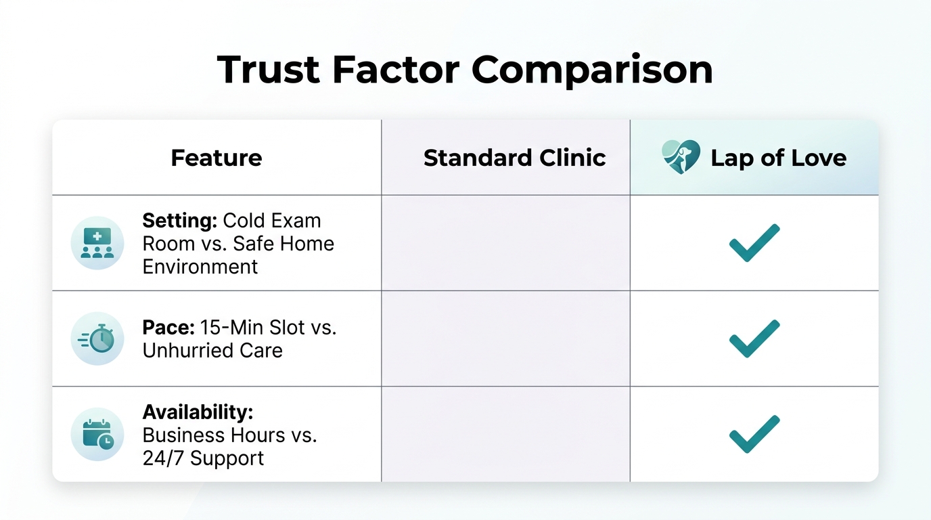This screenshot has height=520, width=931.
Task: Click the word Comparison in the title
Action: click(x=592, y=69)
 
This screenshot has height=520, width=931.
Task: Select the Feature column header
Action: click(x=217, y=158)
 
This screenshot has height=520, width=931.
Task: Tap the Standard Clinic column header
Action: click(x=514, y=158)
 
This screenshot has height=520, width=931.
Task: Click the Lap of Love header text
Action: click(x=778, y=158)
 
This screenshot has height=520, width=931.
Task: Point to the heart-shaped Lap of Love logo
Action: click(x=681, y=157)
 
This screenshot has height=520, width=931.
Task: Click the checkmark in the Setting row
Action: click(x=754, y=242)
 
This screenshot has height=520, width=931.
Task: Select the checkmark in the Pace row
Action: click(x=754, y=339)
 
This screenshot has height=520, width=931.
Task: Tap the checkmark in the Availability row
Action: click(x=754, y=434)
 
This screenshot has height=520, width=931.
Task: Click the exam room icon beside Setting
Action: click(x=97, y=243)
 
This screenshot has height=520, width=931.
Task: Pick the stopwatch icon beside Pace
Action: click(x=97, y=339)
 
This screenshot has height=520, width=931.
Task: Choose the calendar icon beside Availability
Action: click(x=97, y=434)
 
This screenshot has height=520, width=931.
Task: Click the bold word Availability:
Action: click(x=196, y=412)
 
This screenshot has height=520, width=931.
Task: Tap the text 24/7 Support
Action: click(x=203, y=458)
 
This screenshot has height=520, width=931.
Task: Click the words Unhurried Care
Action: click(x=212, y=351)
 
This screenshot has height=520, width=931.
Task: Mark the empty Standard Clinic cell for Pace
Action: click(x=505, y=339)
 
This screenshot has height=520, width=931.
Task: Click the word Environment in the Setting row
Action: click(x=200, y=267)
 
